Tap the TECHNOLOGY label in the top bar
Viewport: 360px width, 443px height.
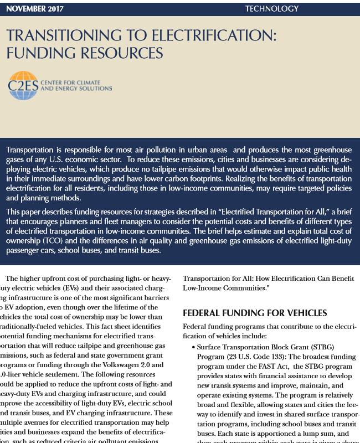(x=271, y=9)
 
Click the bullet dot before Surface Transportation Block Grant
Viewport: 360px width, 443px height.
(x=192, y=347)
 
